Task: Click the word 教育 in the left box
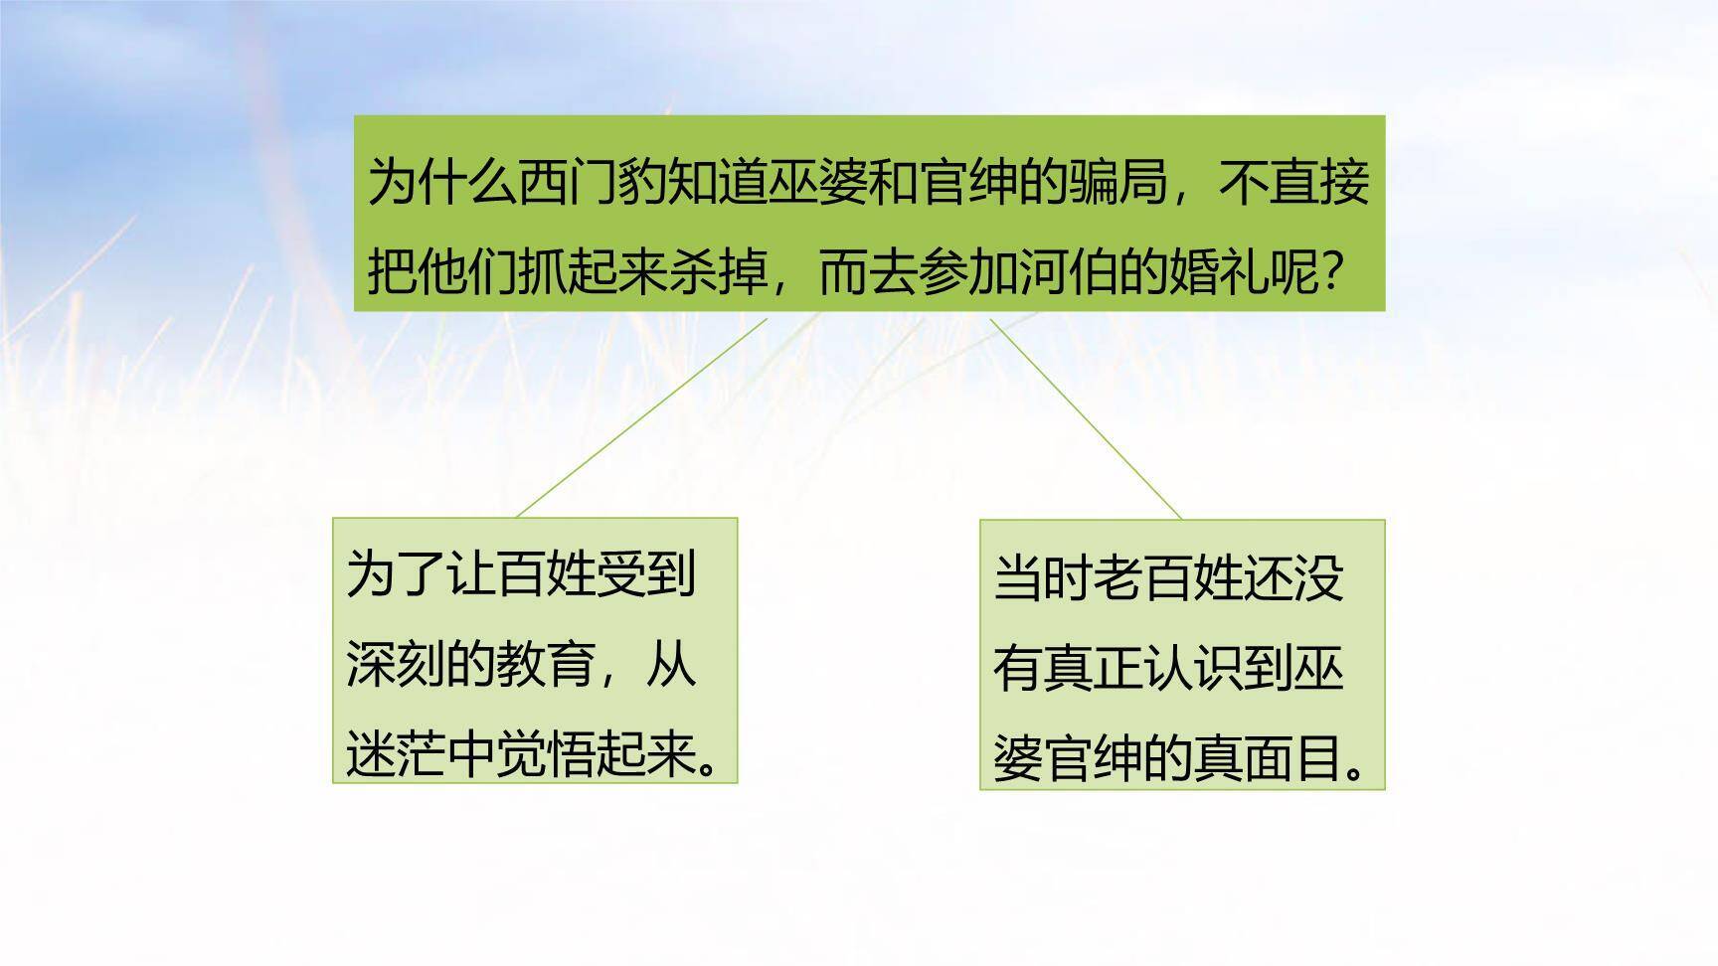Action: (546, 665)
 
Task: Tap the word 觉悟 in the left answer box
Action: (546, 755)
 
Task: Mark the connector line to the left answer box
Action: (641, 417)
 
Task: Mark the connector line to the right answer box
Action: (1086, 418)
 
